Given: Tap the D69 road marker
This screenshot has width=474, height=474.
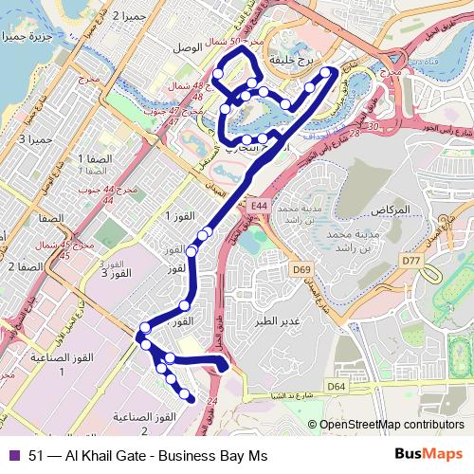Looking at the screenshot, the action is click(301, 269).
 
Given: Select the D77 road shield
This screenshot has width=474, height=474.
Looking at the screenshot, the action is click(410, 260).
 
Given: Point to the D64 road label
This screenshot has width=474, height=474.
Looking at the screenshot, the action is click(337, 386).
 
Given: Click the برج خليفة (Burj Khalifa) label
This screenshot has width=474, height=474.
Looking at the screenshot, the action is click(291, 59).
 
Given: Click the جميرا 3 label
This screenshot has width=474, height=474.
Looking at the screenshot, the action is click(36, 140).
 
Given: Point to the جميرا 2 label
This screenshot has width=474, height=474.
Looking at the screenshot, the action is click(131, 16).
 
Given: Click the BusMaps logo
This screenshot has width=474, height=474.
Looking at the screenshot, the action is click(429, 455).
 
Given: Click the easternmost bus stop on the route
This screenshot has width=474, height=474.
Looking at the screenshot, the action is click(328, 72).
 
